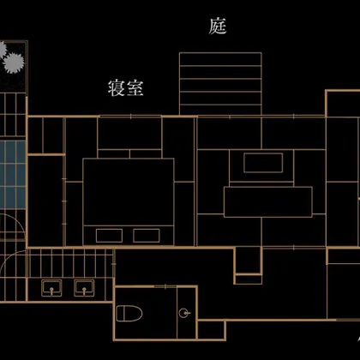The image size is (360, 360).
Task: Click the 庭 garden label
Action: pos(218,27)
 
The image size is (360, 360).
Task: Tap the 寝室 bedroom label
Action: pos(126,87)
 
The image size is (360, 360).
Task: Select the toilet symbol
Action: pos(129,313)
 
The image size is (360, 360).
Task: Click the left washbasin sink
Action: pos(51,288)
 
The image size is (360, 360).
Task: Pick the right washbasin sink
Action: pos(84,288)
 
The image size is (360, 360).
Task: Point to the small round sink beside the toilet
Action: pos(184,313)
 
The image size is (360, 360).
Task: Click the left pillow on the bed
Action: pos(109,236)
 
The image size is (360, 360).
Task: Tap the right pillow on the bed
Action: pos(147,236)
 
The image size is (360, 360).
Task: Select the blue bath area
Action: pos(13,175)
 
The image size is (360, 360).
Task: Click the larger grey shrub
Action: pos(14,63)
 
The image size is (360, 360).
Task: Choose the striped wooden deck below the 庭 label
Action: pos(220,84)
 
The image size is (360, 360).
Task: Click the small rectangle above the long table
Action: pos(263,163)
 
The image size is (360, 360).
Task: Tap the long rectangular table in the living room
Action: pos(268,202)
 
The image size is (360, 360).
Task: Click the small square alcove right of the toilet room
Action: pos(212,330)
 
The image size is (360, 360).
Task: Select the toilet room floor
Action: pos(146,313)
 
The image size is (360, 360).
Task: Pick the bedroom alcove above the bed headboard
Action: pos(129,133)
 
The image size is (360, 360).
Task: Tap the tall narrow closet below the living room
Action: pos(248,261)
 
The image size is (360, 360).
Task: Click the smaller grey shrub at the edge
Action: pos(3,49)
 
